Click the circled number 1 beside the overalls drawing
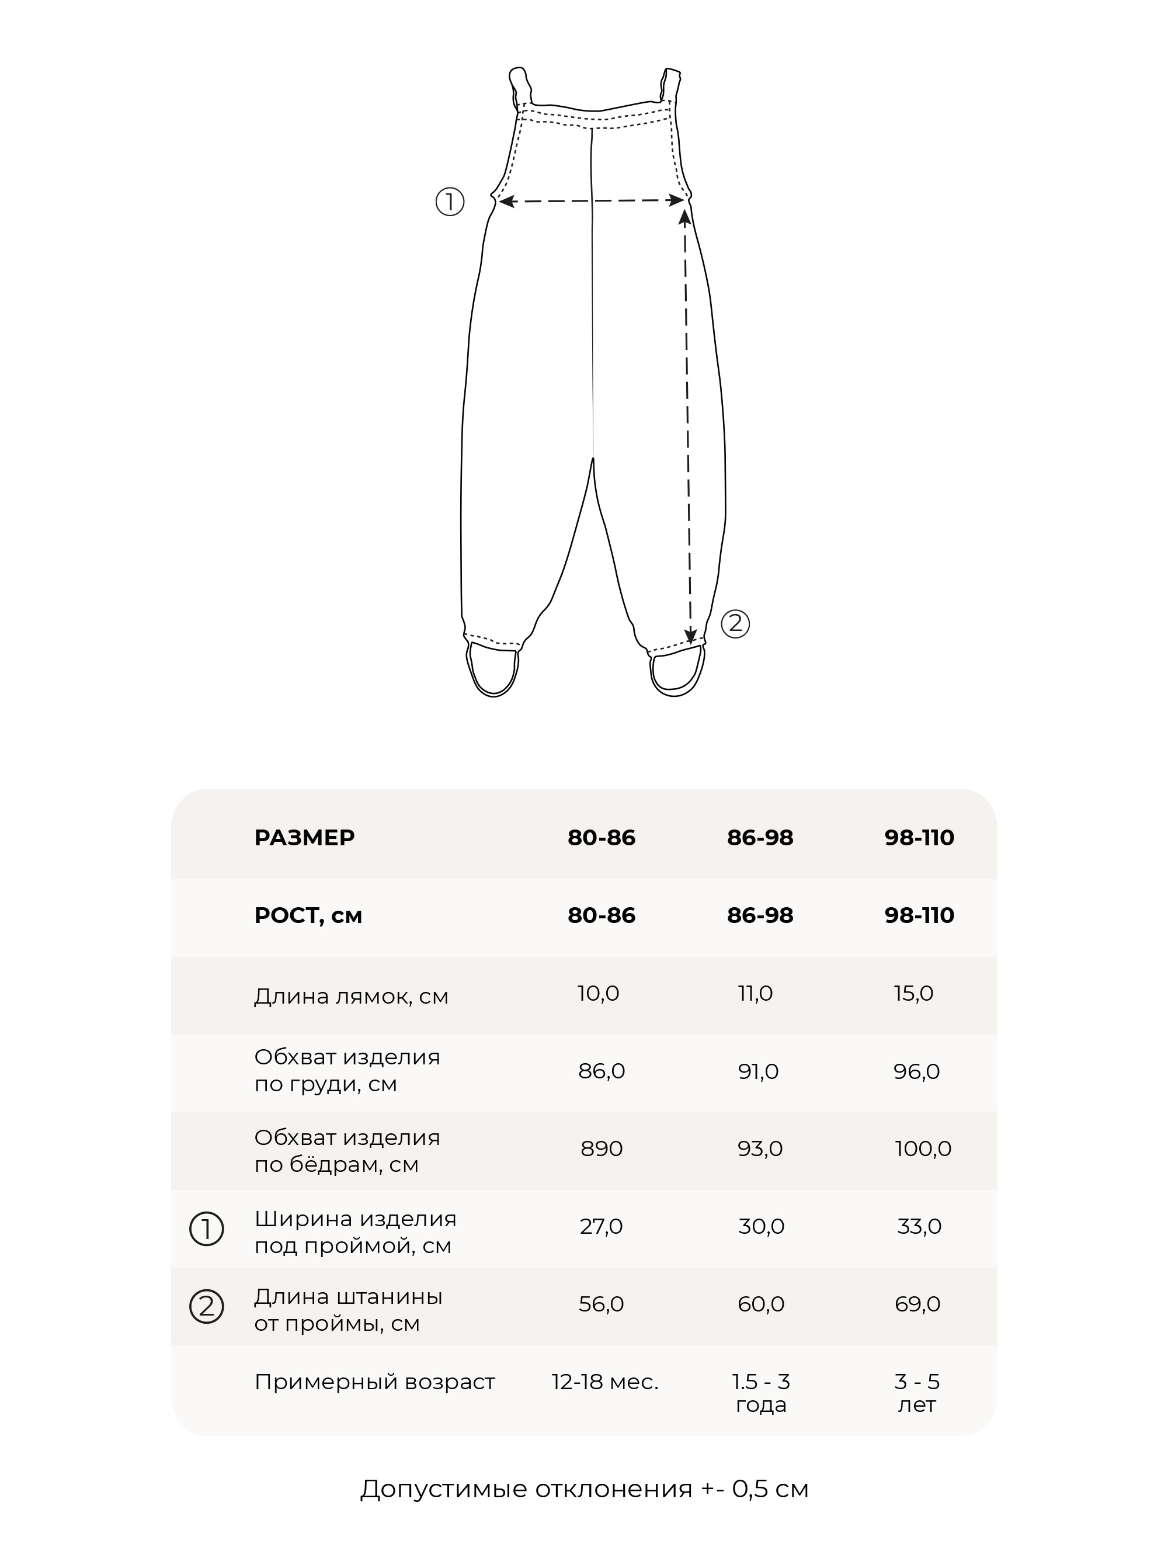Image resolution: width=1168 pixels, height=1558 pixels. tap(450, 202)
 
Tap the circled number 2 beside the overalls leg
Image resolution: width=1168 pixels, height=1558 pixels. tap(735, 623)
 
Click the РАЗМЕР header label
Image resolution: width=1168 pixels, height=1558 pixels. tap(304, 838)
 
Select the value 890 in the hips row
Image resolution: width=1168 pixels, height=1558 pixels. tap(602, 1148)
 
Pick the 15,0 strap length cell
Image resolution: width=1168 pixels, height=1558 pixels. tap(913, 993)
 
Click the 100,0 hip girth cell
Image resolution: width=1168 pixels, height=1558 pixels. tap(922, 1148)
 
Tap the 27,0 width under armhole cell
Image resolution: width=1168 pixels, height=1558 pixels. tap(602, 1226)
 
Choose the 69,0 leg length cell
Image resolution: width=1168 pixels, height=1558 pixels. tap(917, 1304)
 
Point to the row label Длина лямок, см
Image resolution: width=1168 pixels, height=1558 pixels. tap(350, 996)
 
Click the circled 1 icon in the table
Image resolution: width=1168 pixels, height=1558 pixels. tap(206, 1229)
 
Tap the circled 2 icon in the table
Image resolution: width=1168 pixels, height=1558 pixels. tap(206, 1307)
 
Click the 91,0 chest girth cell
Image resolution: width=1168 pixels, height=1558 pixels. tap(758, 1071)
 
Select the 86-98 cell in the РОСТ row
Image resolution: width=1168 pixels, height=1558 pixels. tap(760, 915)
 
